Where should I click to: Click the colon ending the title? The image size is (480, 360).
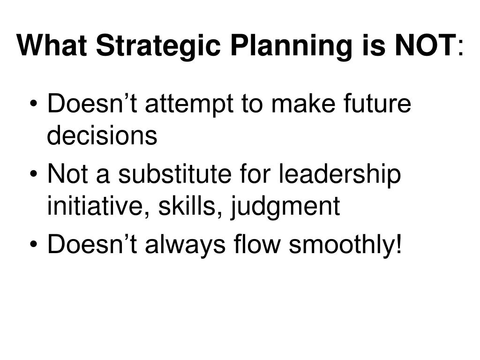(461, 48)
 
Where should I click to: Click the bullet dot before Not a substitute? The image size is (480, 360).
(34, 174)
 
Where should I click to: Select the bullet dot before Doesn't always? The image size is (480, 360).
(34, 244)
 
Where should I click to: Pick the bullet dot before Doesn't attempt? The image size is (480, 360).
(34, 104)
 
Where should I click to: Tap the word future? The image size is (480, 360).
(377, 103)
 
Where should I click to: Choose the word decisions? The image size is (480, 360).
(102, 135)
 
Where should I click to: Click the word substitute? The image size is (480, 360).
(174, 173)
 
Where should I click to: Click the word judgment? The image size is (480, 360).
(285, 208)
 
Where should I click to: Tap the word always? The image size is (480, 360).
(185, 246)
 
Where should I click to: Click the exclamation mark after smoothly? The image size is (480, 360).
(398, 243)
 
